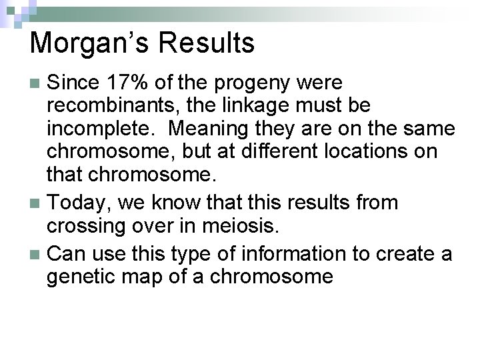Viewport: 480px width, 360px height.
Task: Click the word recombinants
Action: pos(105,105)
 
